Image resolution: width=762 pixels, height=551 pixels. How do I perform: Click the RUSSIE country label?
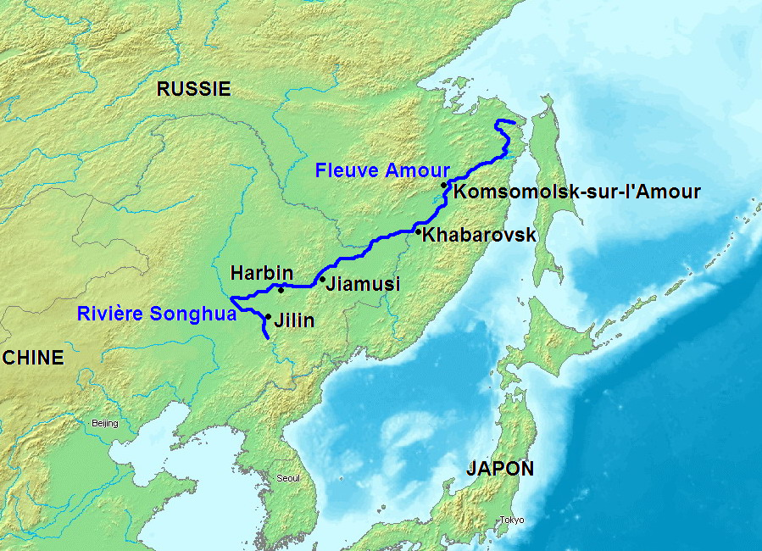tap(194, 89)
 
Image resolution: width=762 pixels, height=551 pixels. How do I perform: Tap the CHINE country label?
tap(33, 358)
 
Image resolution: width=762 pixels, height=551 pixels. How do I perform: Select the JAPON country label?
tap(500, 469)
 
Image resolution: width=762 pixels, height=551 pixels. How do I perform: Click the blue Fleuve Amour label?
tap(382, 170)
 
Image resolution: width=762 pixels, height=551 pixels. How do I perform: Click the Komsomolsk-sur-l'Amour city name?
tap(577, 192)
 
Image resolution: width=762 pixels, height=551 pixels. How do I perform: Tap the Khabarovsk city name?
tap(479, 235)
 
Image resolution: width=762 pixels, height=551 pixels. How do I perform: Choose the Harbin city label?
tap(262, 273)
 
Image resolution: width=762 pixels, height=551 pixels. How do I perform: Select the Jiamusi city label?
tap(363, 284)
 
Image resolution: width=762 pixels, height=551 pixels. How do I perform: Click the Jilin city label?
tap(294, 320)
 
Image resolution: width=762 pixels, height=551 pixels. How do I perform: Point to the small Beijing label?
tap(105, 423)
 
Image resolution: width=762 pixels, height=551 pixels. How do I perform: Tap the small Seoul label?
tap(288, 478)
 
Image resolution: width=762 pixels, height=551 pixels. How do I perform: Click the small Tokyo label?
tap(512, 520)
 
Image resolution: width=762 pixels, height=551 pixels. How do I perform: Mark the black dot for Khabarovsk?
tap(418, 231)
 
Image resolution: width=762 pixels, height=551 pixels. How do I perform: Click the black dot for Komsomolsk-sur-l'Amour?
tap(443, 185)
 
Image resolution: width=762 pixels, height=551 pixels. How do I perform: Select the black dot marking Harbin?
tap(281, 289)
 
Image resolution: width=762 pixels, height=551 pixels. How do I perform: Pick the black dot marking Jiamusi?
tap(322, 278)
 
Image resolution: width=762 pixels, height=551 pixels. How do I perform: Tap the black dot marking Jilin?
tap(268, 317)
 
